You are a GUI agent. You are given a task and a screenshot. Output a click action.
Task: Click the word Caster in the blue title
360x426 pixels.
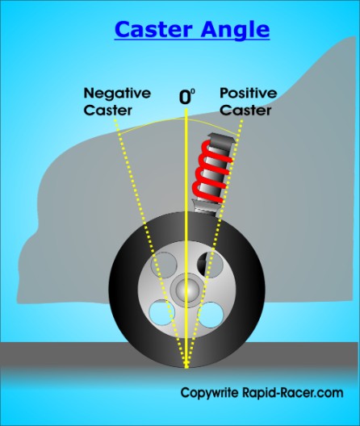pos(153,29)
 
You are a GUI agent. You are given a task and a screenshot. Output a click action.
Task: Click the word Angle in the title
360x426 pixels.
pos(235,31)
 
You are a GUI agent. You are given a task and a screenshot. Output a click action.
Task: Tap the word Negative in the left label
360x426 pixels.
pos(117,94)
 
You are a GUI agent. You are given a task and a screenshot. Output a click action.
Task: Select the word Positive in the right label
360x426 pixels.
pos(249,94)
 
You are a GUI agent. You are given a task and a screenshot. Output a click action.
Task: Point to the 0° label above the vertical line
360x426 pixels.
pos(187,97)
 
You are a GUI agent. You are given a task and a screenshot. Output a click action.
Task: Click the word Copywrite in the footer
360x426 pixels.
pos(210,393)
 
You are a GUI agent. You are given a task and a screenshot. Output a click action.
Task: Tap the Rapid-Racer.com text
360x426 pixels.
pos(292,392)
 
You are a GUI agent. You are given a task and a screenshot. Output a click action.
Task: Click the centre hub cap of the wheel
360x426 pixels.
pos(187,289)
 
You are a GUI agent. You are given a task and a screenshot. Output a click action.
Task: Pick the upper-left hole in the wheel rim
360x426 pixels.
pos(163,265)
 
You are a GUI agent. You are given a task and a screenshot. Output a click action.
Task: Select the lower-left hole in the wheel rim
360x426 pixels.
pos(162,312)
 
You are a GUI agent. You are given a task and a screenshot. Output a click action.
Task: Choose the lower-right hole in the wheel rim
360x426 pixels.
pos(211,315)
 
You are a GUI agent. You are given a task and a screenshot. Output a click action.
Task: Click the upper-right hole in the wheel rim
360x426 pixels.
pos(210,265)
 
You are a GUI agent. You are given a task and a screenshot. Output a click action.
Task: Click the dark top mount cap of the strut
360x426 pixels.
pos(221,139)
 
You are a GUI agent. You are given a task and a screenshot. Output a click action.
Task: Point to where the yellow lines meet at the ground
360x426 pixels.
pos(186,366)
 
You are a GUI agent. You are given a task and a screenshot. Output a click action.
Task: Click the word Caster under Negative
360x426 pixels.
pos(108,111)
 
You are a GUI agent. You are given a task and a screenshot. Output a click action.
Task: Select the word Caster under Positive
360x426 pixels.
pos(245,111)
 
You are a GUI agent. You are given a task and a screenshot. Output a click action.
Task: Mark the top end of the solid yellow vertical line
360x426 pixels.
pos(186,109)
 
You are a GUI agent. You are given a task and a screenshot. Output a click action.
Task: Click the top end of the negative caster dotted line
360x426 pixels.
pos(115,117)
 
